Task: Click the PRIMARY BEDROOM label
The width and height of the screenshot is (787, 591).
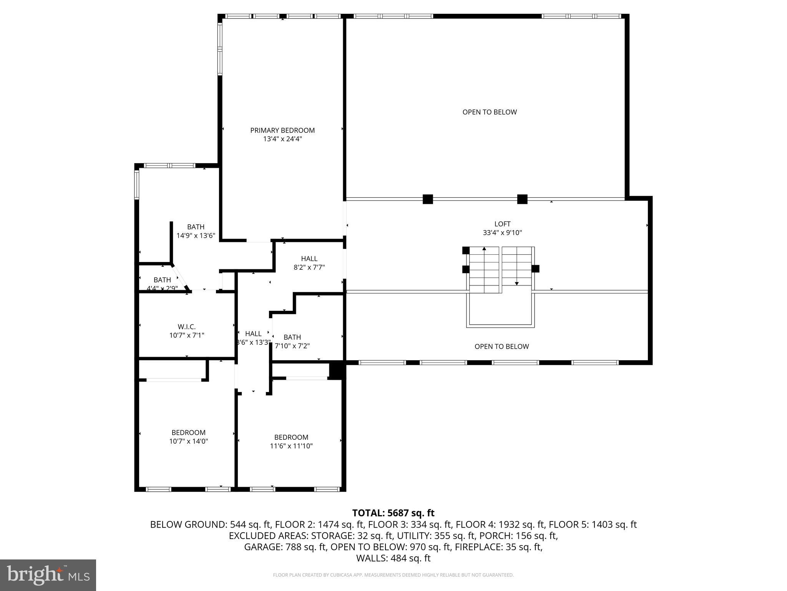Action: [x=282, y=130]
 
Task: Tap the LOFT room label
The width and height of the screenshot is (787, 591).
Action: [x=502, y=224]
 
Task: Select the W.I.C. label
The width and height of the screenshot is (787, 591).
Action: [x=187, y=327]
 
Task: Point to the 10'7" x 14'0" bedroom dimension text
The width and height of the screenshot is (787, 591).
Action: [x=188, y=441]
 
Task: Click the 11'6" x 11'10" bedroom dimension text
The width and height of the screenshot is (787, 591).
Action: [x=291, y=446]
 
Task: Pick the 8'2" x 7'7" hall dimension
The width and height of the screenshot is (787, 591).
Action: [x=309, y=267]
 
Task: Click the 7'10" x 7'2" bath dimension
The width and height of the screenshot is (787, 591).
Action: [x=292, y=346]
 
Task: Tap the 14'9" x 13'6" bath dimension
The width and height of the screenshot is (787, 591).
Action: [x=196, y=235]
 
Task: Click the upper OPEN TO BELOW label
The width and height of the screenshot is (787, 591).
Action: [x=490, y=112]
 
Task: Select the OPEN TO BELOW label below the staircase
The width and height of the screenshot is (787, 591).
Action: [x=501, y=346]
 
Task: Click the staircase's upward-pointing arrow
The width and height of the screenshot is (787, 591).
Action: [x=484, y=249]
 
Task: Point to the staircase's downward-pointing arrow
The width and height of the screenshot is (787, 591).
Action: [x=516, y=283]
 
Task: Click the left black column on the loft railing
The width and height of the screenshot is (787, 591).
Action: [x=428, y=199]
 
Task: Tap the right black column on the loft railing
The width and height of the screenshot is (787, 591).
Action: [x=522, y=199]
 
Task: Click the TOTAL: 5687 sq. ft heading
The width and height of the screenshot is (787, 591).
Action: [x=393, y=513]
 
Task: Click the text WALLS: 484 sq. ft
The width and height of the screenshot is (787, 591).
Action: [x=393, y=558]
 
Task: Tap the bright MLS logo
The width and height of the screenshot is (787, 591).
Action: [x=48, y=575]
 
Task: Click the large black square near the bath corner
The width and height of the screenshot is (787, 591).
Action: [x=337, y=370]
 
